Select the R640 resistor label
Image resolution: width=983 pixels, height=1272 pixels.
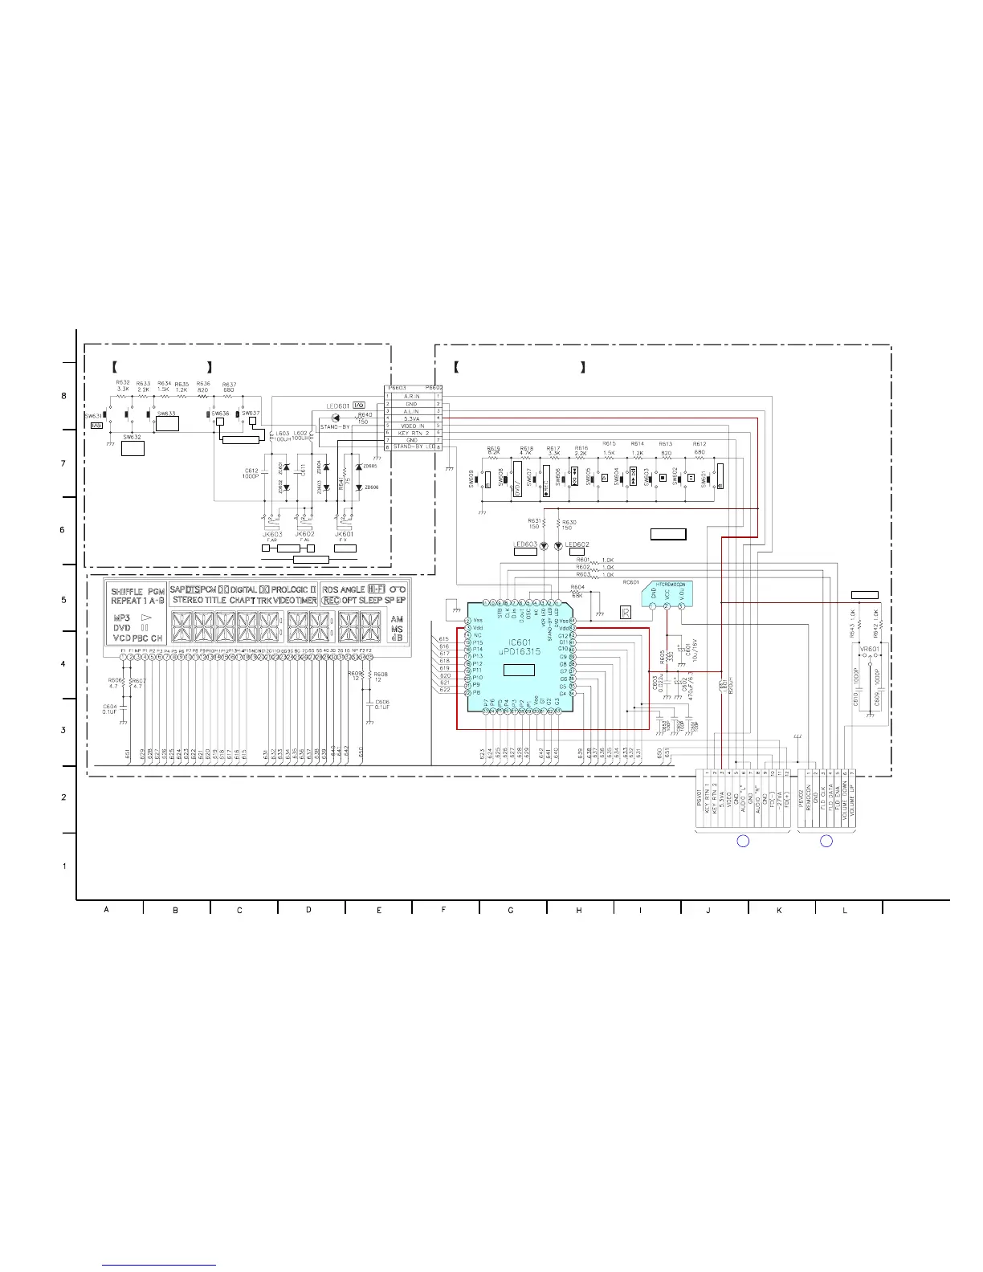[x=364, y=415]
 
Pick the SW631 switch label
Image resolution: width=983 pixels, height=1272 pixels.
[x=93, y=416]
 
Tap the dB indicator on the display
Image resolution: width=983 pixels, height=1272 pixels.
[x=397, y=638]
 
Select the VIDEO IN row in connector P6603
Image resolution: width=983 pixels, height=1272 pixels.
[x=411, y=426]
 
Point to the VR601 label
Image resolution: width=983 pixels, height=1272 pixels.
[x=870, y=649]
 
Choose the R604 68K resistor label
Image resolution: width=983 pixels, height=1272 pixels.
[x=577, y=590]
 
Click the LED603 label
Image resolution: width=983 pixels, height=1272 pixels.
[x=524, y=544]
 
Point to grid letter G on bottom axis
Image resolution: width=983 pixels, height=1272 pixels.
[x=511, y=910]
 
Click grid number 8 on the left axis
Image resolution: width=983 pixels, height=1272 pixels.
[x=64, y=396]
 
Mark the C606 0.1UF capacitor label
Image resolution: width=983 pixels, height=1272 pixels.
[x=381, y=704]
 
